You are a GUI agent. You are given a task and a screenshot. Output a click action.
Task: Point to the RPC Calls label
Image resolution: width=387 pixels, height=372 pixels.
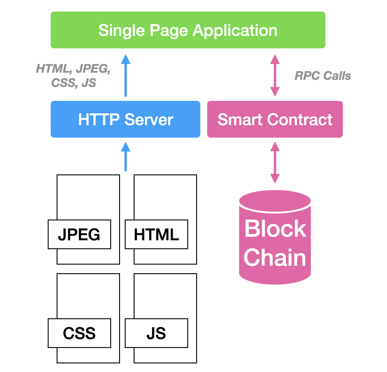coord(322,76)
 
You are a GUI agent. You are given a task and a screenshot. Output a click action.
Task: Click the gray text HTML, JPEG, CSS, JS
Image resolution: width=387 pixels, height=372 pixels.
coord(73,76)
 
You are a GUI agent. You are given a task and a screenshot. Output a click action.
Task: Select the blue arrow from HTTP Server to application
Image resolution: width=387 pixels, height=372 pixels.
coord(126,76)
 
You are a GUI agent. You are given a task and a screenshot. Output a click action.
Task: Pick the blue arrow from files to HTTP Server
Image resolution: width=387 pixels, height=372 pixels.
coord(126,157)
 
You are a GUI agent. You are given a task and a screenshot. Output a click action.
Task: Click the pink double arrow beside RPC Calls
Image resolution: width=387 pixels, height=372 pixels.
coord(275,76)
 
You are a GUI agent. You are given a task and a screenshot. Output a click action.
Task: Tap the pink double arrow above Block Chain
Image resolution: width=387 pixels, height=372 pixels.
coord(275,163)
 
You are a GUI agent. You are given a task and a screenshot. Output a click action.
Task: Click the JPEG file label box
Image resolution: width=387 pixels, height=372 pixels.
coord(79,234)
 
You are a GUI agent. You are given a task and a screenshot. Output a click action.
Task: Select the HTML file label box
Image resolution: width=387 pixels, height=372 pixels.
coord(156,234)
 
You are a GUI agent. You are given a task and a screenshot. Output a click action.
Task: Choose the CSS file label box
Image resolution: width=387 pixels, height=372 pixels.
coord(79,333)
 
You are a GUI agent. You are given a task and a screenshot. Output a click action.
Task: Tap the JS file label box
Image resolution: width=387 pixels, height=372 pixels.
coord(156,333)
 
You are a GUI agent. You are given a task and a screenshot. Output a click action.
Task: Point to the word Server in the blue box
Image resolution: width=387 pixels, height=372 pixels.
coord(149,120)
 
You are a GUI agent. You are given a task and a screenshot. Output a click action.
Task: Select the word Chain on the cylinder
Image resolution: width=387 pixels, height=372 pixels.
coord(275,257)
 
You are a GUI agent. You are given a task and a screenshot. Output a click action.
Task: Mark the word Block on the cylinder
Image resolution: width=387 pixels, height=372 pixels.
coord(275,228)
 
